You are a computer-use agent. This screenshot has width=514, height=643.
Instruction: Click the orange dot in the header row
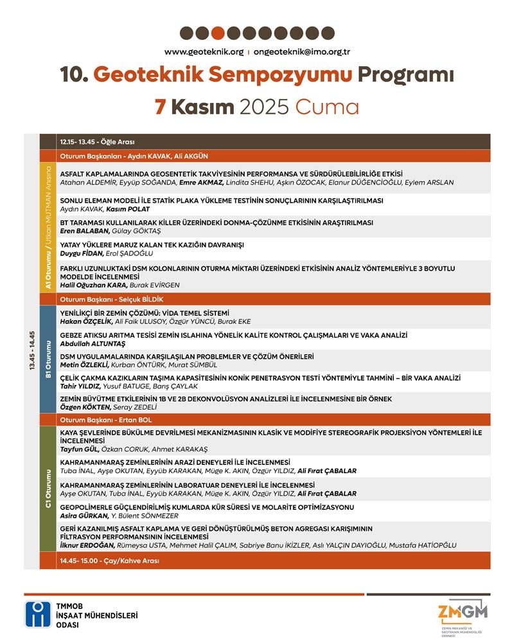tap(218, 33)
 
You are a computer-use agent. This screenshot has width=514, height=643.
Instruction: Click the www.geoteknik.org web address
tap(204, 52)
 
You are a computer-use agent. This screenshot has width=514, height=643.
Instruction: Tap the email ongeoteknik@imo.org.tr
tap(301, 52)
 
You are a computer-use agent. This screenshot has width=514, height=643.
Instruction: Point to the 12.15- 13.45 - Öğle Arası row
tap(98, 141)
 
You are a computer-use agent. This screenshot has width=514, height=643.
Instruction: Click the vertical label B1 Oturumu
tap(48, 359)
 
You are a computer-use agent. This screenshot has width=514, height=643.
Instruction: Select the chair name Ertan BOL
tap(136, 420)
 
